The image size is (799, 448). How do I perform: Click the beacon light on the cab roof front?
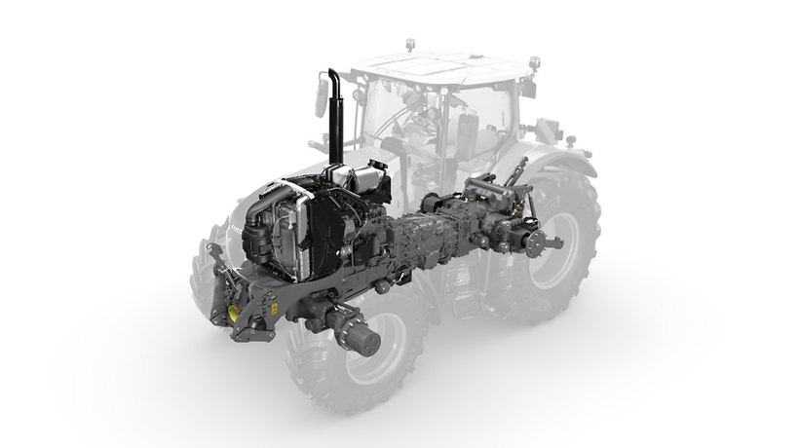[409, 47]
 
